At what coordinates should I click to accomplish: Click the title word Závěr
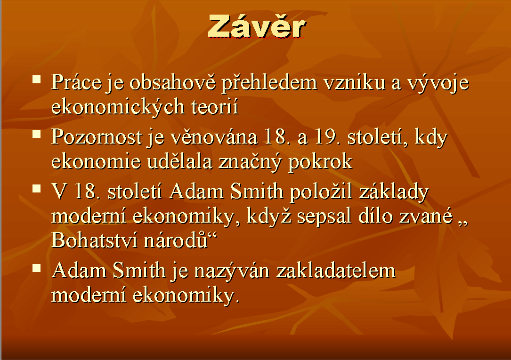tap(257, 26)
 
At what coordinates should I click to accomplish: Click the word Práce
tap(76, 82)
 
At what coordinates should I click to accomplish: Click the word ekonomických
tap(118, 107)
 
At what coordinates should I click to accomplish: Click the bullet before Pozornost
tap(37, 134)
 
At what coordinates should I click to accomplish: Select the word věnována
tap(214, 137)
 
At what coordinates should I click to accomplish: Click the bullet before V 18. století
tap(37, 189)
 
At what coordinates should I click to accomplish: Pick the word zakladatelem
tap(336, 271)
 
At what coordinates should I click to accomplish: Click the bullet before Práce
tap(37, 80)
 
